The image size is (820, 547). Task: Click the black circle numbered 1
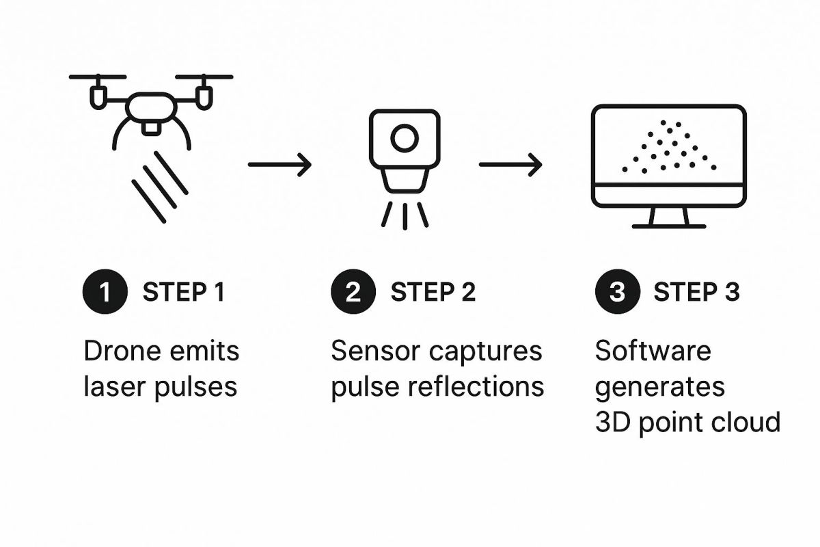[x=105, y=292]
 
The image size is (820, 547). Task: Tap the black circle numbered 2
[x=353, y=292]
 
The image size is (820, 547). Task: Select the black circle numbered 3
[x=618, y=292]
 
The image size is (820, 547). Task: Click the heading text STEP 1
[x=183, y=292]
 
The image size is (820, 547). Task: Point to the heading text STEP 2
[x=433, y=292]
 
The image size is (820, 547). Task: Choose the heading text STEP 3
[x=696, y=292]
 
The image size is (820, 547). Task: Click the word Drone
[x=122, y=351]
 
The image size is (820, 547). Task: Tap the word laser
[x=115, y=386]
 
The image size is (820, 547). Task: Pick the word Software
[x=653, y=351]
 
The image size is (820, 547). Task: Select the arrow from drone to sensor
[x=279, y=165]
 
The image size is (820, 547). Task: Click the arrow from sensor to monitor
[x=510, y=165]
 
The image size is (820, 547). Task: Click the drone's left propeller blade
[x=98, y=77]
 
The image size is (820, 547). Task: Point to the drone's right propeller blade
[x=204, y=77]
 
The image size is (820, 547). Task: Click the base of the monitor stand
[x=669, y=226]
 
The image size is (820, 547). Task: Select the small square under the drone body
[x=151, y=128]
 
